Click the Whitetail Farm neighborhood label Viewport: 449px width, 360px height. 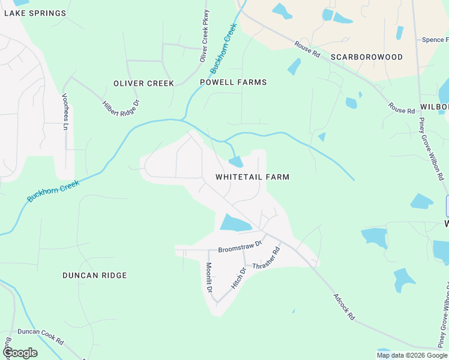click(x=252, y=177)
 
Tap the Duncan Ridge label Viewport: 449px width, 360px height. click(x=95, y=275)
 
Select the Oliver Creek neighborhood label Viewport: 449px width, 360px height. click(x=144, y=83)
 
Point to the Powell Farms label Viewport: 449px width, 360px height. click(x=234, y=82)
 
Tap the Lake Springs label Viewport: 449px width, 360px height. click(x=35, y=13)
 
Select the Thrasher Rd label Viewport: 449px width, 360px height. click(x=267, y=258)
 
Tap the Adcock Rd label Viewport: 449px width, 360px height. click(x=344, y=307)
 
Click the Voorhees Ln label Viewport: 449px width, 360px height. click(x=65, y=112)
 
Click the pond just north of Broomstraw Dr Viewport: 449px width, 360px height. click(x=235, y=224)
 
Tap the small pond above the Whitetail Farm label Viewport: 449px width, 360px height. click(x=236, y=161)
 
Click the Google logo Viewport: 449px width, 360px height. click(x=20, y=353)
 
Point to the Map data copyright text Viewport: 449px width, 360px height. click(x=412, y=355)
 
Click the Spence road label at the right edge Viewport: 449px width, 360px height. click(x=435, y=40)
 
